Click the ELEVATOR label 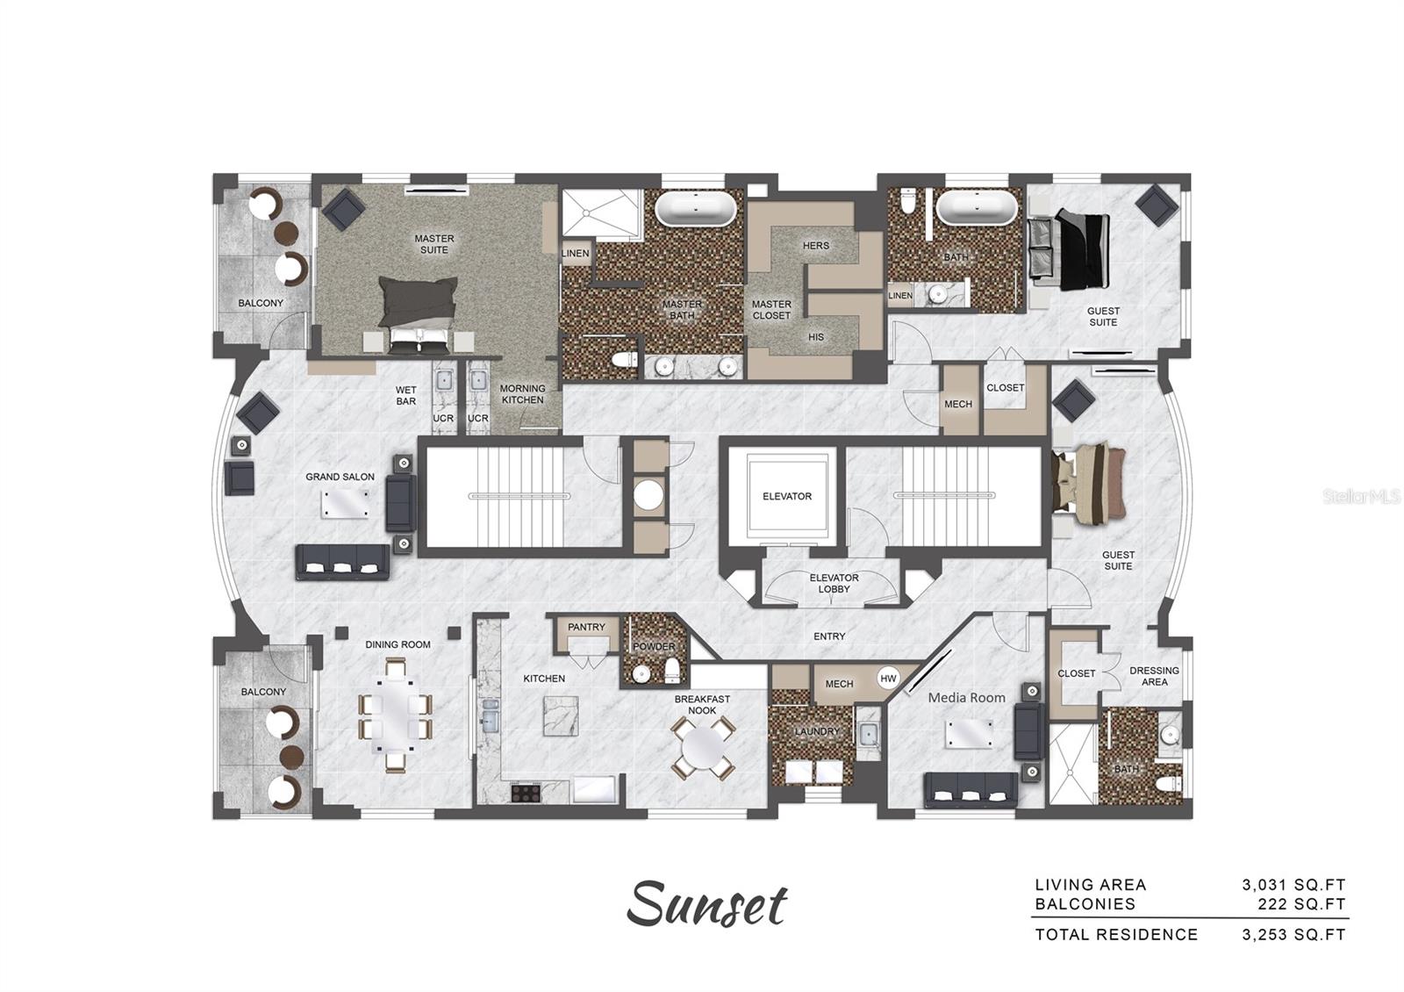coord(786,496)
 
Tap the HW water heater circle coord(888,679)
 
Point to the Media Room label coord(966,698)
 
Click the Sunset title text coord(706,904)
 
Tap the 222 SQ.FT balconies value coord(1307,904)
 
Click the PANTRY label coord(586,627)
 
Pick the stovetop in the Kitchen coord(526,792)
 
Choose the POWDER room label coord(654,647)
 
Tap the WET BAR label coord(405,396)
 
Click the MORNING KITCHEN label coord(522,394)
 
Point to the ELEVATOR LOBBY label coord(834,584)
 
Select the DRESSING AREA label coord(1154,676)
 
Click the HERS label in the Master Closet coord(815,246)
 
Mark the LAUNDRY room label coord(816,731)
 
